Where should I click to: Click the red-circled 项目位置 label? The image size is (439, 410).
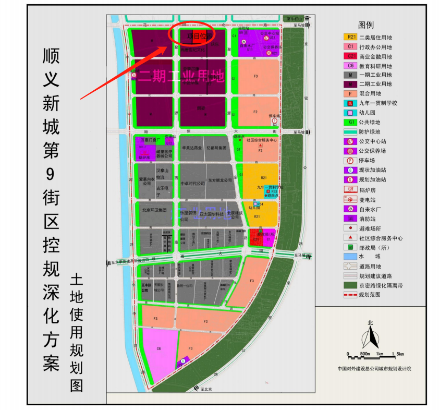pyautogui.click(x=192, y=36)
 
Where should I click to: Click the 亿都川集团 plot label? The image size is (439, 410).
pyautogui.click(x=218, y=148)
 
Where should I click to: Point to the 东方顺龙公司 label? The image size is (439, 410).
pyautogui.click(x=219, y=180)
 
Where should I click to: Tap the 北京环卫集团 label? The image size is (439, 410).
pyautogui.click(x=154, y=210)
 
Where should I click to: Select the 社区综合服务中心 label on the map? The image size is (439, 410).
pyautogui.click(x=262, y=140)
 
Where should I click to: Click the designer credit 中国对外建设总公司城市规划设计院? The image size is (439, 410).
pyautogui.click(x=374, y=368)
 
